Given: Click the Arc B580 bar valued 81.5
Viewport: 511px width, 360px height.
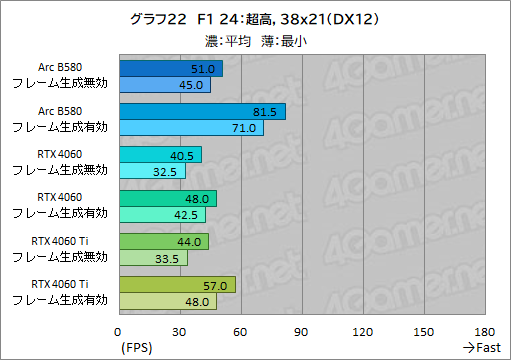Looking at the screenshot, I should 202,111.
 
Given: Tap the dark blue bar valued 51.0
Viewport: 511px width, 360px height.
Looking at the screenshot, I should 171,68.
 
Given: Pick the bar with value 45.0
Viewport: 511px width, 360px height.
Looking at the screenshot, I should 165,84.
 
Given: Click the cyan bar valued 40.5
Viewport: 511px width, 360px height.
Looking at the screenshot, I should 160,154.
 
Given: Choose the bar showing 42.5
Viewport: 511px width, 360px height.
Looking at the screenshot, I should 162,214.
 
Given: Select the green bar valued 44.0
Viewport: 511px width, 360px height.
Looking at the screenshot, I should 164,241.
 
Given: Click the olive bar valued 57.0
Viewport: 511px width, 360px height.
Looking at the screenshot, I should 177,284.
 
